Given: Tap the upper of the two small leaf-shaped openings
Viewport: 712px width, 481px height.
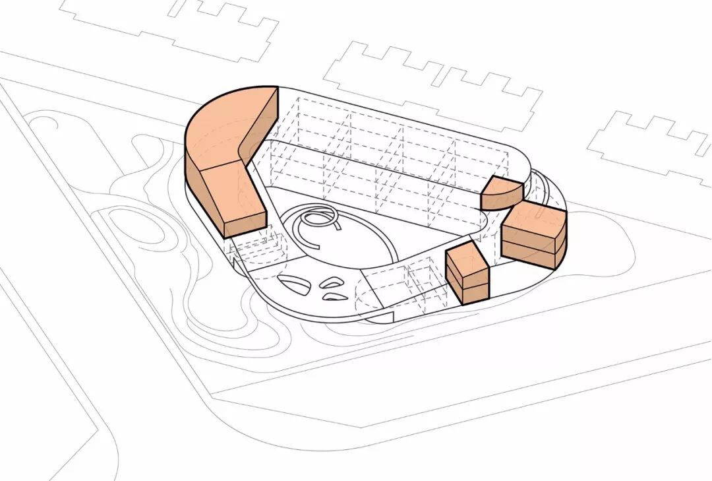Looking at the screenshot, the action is [x=331, y=283].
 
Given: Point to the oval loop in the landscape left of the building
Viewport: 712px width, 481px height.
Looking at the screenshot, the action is [x=135, y=228].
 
